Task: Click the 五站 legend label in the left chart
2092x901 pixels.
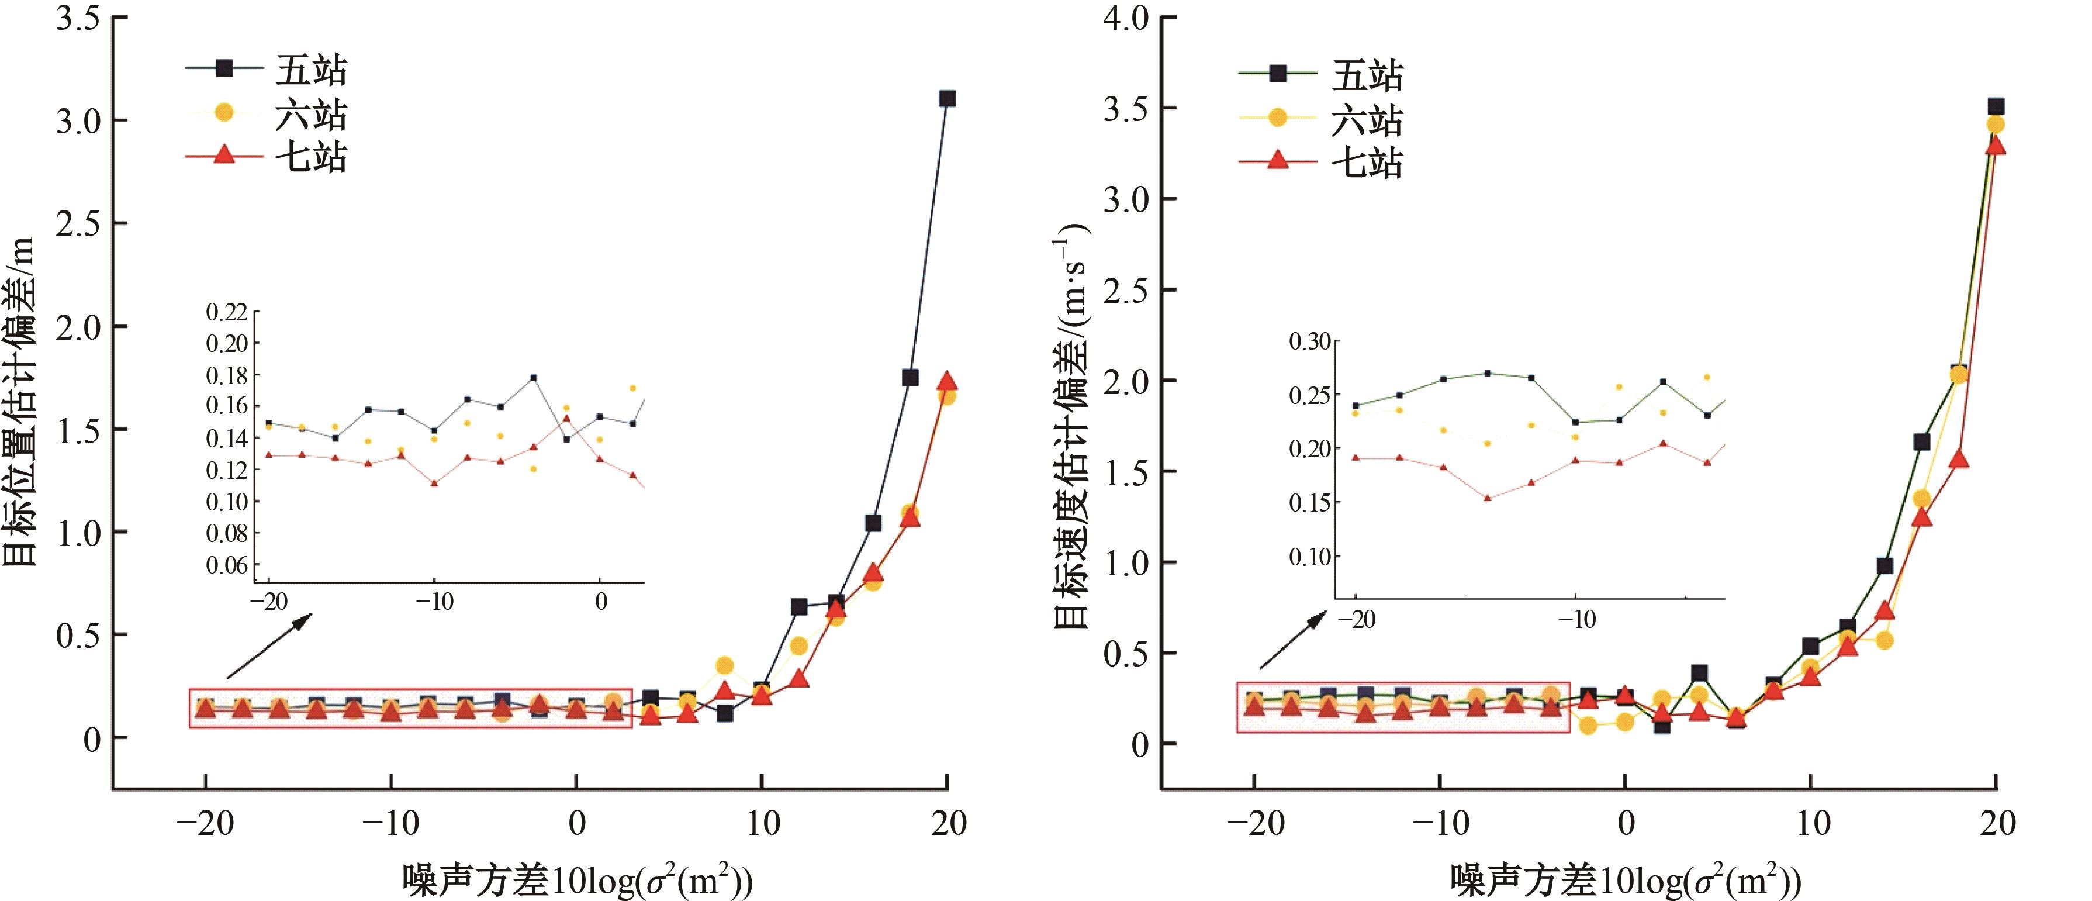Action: pos(311,70)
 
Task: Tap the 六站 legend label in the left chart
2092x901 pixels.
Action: pos(311,115)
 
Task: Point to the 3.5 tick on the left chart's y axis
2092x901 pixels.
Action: pos(78,18)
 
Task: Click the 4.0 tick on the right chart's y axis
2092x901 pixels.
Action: pos(1126,18)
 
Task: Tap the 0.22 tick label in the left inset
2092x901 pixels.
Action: pos(227,313)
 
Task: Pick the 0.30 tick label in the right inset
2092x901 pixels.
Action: pos(1310,342)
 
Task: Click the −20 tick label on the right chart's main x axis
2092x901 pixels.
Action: pos(1256,824)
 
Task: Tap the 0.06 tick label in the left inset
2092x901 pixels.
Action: pos(227,565)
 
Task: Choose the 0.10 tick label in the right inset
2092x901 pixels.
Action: pos(1310,557)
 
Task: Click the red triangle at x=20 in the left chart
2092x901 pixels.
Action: pos(947,382)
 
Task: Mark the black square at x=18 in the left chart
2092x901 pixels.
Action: pos(910,378)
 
